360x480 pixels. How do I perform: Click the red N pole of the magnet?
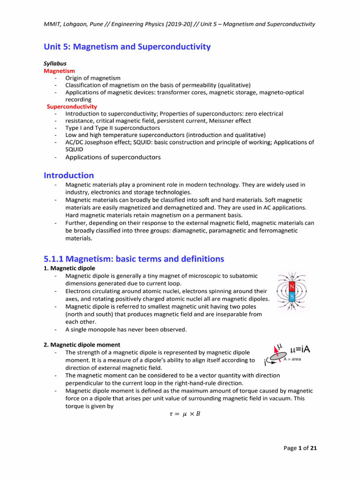click(x=292, y=286)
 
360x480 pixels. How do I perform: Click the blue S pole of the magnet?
click(x=292, y=296)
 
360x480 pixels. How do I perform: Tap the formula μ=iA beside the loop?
click(x=301, y=349)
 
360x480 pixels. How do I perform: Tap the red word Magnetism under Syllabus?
click(x=59, y=71)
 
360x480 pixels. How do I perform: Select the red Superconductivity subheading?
click(x=72, y=106)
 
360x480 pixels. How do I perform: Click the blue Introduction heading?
click(x=69, y=175)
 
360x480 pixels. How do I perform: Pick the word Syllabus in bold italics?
click(x=55, y=63)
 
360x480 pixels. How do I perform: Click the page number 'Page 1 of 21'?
click(x=300, y=448)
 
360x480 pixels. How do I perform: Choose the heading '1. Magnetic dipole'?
click(x=69, y=268)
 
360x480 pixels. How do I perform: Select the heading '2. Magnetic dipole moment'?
click(x=82, y=345)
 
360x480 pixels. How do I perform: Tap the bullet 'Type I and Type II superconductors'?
click(x=112, y=128)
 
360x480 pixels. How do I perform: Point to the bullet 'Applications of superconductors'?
click(x=113, y=157)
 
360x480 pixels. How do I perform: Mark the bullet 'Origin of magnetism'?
click(x=93, y=78)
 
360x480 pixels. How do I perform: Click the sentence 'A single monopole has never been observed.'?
click(x=126, y=330)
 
